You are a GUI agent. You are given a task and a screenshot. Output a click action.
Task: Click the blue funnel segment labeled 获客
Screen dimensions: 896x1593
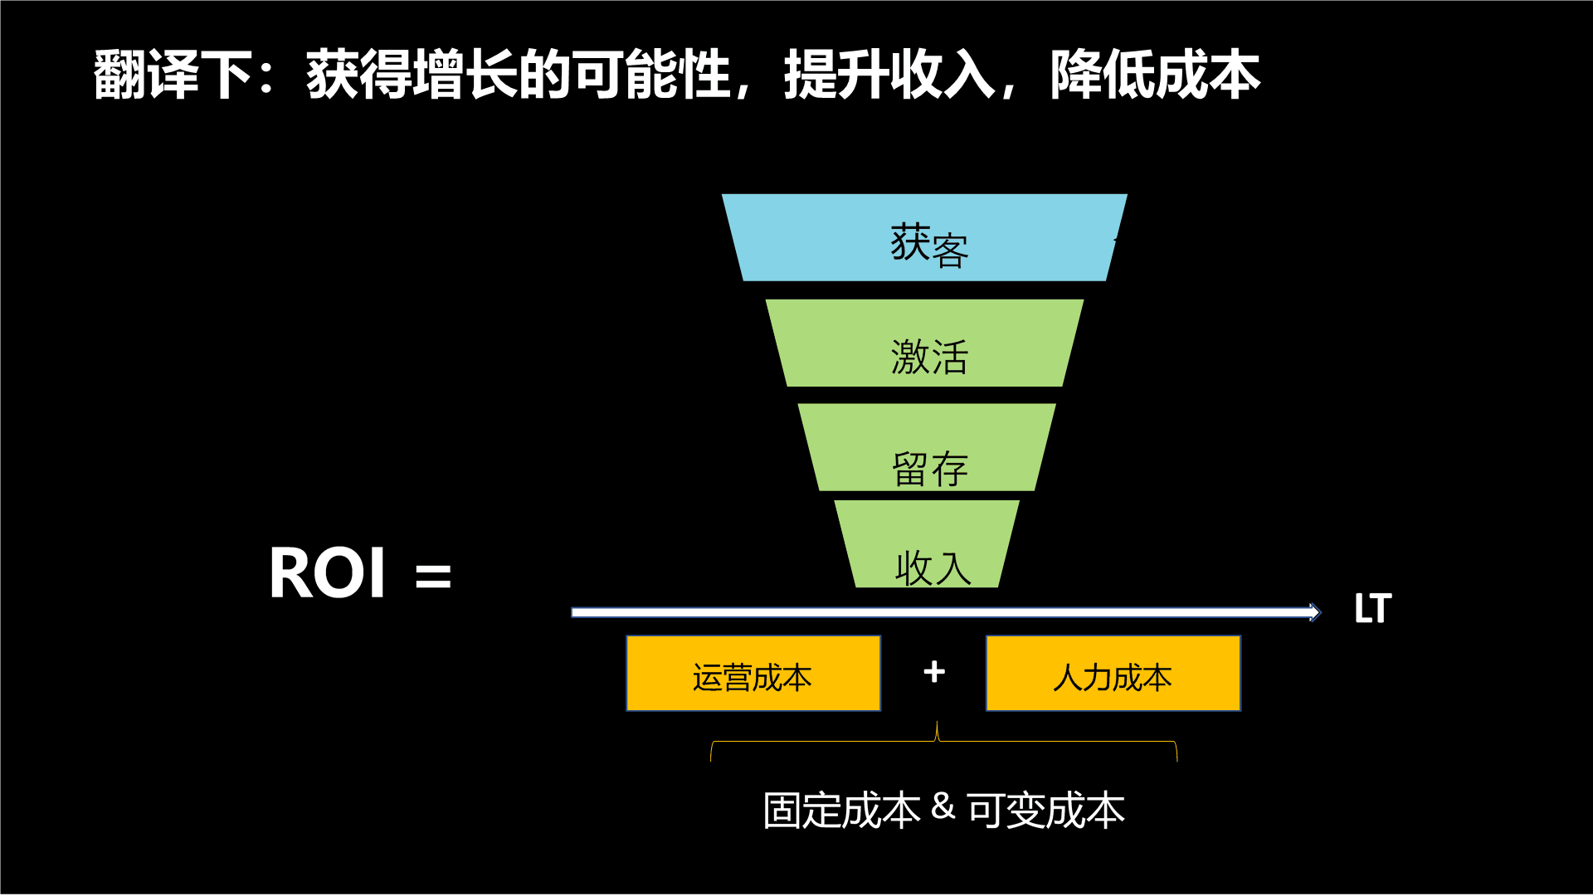(924, 238)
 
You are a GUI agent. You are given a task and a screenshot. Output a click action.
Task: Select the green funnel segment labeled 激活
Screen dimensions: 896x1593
(924, 343)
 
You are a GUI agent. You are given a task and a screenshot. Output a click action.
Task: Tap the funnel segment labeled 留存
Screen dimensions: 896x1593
(927, 448)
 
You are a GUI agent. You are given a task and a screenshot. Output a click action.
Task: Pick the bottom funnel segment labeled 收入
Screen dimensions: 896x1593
(927, 545)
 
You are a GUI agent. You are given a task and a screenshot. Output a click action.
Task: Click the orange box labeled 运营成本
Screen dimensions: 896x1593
(753, 674)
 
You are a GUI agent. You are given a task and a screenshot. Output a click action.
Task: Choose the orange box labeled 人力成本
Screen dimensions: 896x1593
(1113, 674)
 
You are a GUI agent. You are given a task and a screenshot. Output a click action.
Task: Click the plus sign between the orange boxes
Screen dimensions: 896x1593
(934, 672)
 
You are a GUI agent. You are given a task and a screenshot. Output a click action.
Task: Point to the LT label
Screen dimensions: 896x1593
(1372, 609)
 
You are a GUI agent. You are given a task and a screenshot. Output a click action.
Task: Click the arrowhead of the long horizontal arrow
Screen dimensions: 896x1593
(1314, 612)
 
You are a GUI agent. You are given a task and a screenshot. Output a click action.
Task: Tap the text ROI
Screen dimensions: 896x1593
(328, 573)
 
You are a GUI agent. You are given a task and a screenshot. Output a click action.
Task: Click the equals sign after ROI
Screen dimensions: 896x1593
(433, 576)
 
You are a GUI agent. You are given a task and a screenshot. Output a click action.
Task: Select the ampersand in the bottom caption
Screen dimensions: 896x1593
(943, 806)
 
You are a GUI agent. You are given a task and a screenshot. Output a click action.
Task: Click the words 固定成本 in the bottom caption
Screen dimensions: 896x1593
(841, 811)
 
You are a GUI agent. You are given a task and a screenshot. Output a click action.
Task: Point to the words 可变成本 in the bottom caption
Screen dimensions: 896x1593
(1045, 811)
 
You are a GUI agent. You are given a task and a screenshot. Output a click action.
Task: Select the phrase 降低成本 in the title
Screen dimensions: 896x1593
(1155, 75)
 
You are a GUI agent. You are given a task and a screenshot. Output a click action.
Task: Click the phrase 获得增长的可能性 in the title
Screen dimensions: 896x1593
(519, 75)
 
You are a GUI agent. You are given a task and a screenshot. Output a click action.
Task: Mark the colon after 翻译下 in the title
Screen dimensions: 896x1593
(266, 75)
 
